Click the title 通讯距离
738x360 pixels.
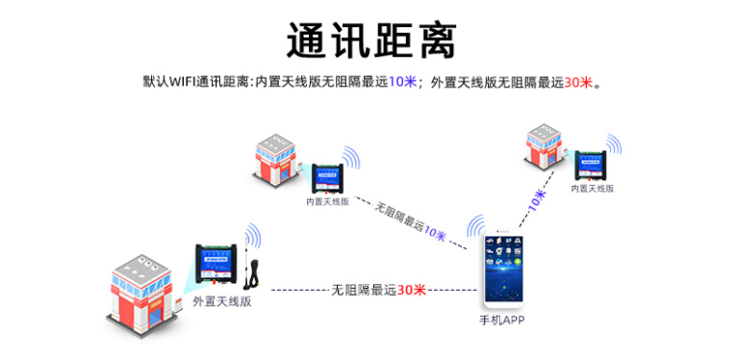pos(370,40)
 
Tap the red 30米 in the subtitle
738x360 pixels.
pos(578,83)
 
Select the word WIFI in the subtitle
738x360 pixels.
pos(182,83)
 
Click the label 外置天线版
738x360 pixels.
pos(222,300)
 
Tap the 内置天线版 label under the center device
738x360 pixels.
pos(327,202)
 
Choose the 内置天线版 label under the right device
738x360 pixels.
pos(592,189)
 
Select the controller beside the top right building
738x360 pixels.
pos(593,163)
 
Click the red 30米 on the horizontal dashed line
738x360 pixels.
pos(411,289)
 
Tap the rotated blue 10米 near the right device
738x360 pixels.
pos(537,200)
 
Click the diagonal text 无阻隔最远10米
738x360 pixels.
pos(409,222)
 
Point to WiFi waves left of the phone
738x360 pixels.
pos(475,227)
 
